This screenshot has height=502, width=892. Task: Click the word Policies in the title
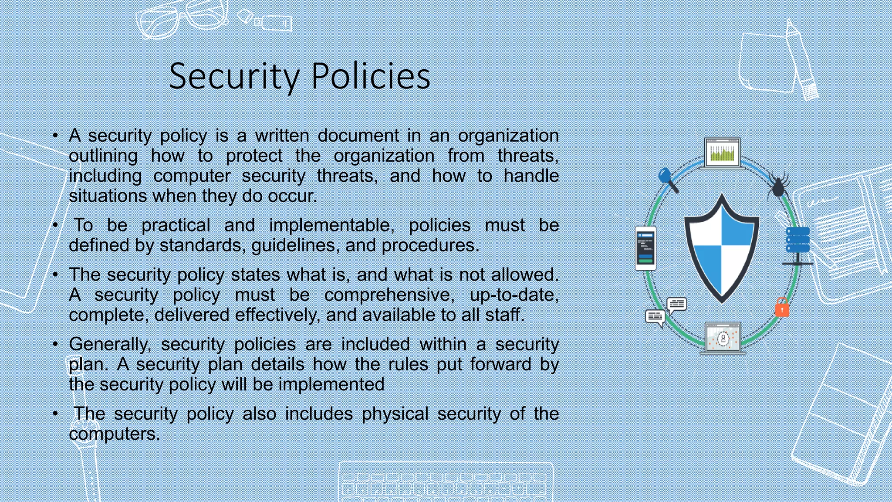click(x=371, y=76)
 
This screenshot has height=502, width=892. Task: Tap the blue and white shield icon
click(x=722, y=248)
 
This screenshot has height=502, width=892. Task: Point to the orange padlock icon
click(x=782, y=308)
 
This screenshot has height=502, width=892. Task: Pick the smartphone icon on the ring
click(x=645, y=248)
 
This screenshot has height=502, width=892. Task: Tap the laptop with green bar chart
click(x=722, y=153)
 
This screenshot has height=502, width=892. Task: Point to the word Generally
click(x=110, y=345)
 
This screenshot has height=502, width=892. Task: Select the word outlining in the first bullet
click(x=103, y=156)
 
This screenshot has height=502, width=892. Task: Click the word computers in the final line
click(x=114, y=434)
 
